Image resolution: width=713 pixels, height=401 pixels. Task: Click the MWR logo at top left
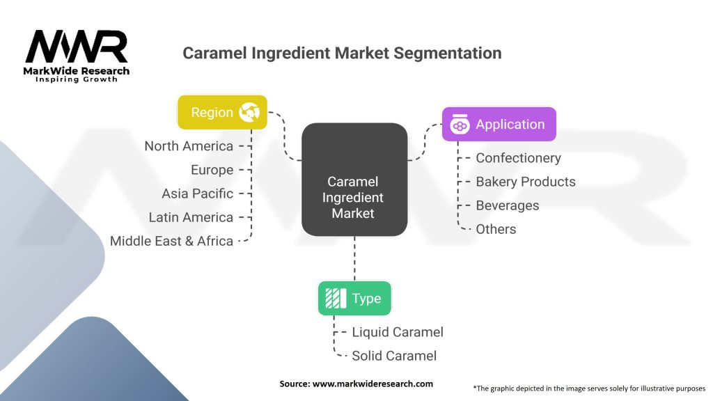click(x=77, y=54)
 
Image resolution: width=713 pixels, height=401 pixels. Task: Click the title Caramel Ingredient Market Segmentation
click(x=341, y=53)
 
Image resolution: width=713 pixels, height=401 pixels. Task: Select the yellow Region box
click(x=222, y=112)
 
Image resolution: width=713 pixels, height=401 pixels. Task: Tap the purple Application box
click(x=499, y=125)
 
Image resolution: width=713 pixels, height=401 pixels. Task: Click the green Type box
click(x=354, y=299)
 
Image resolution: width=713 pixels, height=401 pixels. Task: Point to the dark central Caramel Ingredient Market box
click(x=354, y=179)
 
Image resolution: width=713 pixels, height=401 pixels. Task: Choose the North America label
click(x=189, y=146)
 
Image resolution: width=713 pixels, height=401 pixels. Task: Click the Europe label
click(x=212, y=170)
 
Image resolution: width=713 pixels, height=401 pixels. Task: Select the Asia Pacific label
click(x=198, y=194)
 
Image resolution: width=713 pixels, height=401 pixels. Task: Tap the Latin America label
click(x=191, y=217)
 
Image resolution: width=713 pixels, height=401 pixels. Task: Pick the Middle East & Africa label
click(x=171, y=241)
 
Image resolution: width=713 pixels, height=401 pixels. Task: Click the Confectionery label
click(x=518, y=158)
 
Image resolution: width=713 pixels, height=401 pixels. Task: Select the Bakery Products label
click(x=526, y=182)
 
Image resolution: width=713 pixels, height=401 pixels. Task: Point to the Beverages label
click(x=507, y=205)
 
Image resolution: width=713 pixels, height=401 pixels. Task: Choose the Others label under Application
click(x=496, y=229)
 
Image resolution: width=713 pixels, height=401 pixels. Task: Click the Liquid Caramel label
click(x=398, y=332)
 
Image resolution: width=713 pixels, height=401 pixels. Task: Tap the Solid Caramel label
click(x=394, y=356)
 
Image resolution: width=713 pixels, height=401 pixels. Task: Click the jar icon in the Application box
click(x=460, y=125)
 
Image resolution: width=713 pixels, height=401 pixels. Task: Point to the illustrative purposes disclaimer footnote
click(x=589, y=388)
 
